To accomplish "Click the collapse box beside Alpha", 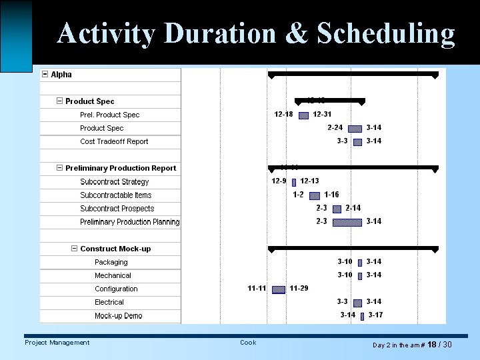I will (45, 75).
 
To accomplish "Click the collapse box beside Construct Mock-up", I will (74, 249).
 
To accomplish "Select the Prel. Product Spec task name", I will (109, 115).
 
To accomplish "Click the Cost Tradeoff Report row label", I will (114, 141).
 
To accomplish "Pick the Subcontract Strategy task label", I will (114, 182).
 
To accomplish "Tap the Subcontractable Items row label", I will (115, 195).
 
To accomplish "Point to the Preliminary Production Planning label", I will (129, 222).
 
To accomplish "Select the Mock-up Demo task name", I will (118, 316).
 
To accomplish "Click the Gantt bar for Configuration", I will (279, 289).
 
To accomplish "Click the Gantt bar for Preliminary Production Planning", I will (347, 222).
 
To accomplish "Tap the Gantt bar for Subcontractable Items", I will (315, 195).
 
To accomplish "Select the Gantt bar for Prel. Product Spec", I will (303, 115).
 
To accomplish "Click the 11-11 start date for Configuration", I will (257, 289).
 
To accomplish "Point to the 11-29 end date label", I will (299, 289).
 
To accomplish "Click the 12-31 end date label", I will (322, 115).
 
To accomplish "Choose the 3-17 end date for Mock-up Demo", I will (375, 315).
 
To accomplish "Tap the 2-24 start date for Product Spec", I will (335, 128).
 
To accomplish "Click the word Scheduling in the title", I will (386, 33).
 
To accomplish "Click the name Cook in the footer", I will (248, 343).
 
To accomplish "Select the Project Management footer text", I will (57, 343).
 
